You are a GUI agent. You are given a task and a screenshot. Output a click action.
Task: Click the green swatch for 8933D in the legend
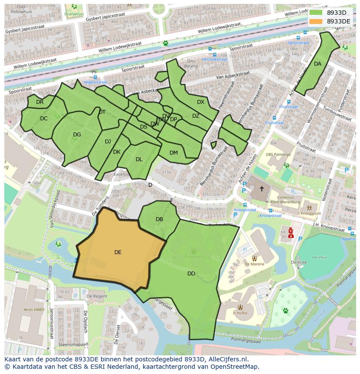(x=316, y=12)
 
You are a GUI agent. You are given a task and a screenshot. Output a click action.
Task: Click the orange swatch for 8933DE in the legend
(x=316, y=21)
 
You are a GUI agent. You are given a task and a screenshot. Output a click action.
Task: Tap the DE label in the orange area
(x=118, y=252)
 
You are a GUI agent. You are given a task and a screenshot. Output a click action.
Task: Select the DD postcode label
(x=191, y=274)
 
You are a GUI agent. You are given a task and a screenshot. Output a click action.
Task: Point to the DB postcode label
(x=159, y=219)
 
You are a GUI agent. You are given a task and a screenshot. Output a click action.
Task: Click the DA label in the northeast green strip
(x=317, y=64)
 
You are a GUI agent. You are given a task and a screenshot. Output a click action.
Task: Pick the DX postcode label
(x=200, y=102)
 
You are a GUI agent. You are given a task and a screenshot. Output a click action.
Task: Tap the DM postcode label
(x=173, y=152)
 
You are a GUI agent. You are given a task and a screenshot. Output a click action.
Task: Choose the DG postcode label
(x=77, y=135)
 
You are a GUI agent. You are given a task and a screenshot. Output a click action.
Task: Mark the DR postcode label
(x=40, y=102)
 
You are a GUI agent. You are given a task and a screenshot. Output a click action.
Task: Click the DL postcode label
(x=139, y=159)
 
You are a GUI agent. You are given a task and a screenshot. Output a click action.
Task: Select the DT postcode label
(x=102, y=112)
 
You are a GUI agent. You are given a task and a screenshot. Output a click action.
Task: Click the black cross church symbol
(x=261, y=189)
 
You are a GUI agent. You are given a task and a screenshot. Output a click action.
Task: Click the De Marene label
(x=254, y=264)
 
